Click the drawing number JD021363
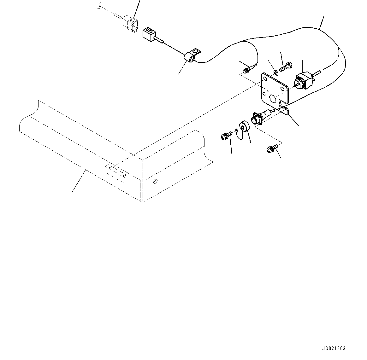[334, 348]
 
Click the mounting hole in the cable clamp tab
[197, 50]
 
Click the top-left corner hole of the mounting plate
[265, 79]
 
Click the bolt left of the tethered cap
[225, 136]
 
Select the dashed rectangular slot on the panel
[115, 173]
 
